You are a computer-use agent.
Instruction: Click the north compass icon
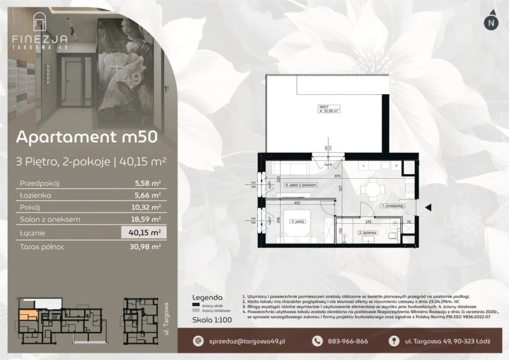click(489, 23)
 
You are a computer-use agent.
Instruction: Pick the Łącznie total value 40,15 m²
click(146, 232)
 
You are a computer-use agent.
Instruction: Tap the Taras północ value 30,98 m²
click(147, 246)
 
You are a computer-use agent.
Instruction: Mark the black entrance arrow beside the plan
click(428, 205)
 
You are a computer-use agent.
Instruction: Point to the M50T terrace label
click(324, 107)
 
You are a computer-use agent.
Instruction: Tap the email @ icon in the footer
click(198, 342)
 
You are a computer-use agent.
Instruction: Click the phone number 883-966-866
click(349, 342)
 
